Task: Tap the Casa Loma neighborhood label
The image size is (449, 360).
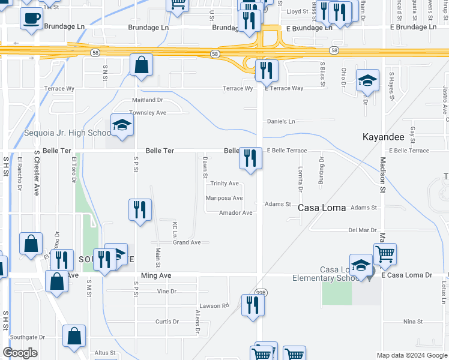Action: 322,208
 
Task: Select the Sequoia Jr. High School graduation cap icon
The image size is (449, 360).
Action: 122,125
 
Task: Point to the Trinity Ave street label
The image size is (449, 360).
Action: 224,184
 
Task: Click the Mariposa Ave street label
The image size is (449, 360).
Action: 224,198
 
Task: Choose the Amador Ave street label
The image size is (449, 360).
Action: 235,213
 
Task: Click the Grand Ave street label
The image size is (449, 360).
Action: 187,242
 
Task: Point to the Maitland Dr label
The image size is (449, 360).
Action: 148,100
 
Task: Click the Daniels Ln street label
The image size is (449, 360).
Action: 281,121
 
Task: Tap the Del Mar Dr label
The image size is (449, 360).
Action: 362,230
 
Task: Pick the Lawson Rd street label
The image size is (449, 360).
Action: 217,305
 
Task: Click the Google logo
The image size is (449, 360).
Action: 20,353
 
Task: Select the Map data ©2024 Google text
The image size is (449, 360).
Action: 411,355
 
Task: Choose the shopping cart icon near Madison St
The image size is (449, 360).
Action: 384,254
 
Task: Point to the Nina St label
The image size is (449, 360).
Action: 413,322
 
